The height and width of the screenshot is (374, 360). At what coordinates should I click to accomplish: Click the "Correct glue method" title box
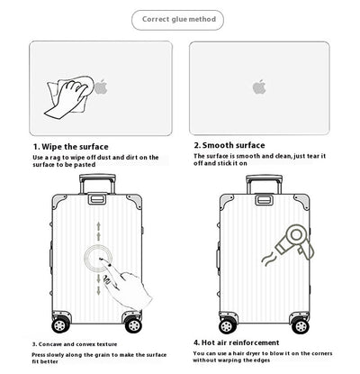[177, 20]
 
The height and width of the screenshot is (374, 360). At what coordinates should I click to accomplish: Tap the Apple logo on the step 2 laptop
[259, 87]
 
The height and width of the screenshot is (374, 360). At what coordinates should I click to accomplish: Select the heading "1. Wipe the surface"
[71, 147]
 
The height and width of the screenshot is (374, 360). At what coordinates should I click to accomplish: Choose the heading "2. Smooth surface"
[229, 145]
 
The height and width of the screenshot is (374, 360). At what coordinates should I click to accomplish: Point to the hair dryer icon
[295, 242]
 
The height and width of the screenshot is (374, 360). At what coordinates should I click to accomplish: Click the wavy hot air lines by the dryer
[268, 259]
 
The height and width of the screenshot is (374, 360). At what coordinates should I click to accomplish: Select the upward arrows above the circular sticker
[98, 232]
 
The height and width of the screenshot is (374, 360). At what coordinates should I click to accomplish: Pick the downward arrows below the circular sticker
[98, 285]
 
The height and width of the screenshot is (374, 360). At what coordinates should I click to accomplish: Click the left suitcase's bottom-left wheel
[59, 325]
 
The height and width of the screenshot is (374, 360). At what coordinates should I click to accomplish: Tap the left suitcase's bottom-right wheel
[133, 325]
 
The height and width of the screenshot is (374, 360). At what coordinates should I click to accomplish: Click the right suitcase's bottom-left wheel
[227, 325]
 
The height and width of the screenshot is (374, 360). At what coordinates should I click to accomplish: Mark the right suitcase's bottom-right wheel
[301, 325]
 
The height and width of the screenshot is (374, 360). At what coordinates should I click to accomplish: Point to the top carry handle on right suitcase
[265, 200]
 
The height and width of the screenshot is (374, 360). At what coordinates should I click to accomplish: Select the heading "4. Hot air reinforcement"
[236, 342]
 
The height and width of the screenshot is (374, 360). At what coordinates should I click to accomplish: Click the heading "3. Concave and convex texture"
[75, 344]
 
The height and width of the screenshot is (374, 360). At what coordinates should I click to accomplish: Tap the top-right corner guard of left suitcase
[135, 201]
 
